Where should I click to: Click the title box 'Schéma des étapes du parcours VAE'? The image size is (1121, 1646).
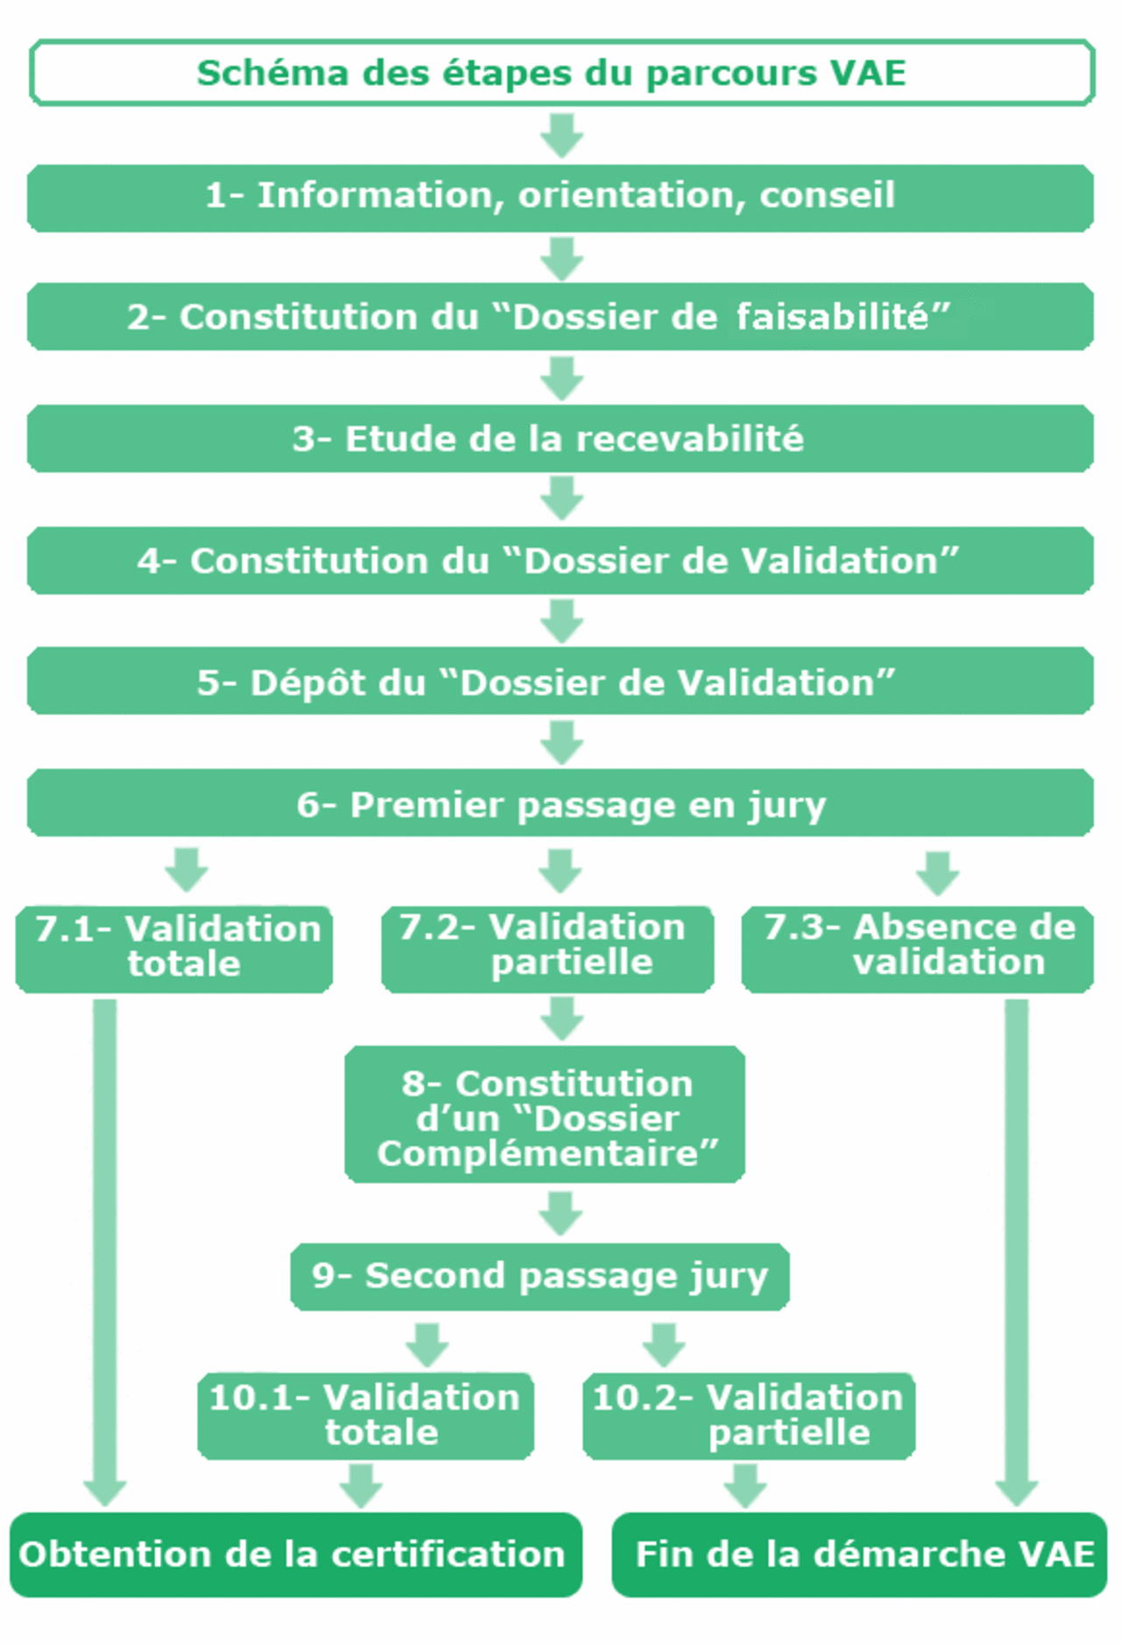(560, 73)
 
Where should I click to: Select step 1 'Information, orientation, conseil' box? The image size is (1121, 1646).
(560, 197)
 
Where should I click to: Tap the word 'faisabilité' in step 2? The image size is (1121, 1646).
(842, 317)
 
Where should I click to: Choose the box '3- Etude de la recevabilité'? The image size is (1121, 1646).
(560, 439)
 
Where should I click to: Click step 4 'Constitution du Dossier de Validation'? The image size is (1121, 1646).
(560, 561)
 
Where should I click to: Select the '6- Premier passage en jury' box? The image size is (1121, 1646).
(560, 804)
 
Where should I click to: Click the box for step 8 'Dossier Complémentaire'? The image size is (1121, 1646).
(545, 1115)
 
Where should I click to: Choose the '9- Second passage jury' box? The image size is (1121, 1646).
(539, 1276)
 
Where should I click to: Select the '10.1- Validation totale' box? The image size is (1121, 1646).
(365, 1415)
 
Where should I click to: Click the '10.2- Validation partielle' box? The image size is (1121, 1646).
(749, 1415)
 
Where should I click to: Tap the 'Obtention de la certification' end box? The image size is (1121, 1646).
(296, 1554)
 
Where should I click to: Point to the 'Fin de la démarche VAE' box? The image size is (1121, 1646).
(860, 1554)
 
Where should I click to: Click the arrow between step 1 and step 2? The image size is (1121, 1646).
(561, 258)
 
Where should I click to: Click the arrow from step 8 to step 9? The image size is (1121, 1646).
(560, 1213)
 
